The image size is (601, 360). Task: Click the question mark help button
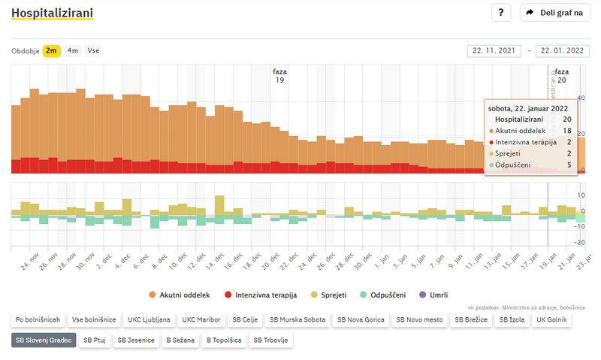click(x=501, y=13)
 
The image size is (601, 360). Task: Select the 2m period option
click(x=52, y=51)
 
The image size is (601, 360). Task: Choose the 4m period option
click(x=73, y=51)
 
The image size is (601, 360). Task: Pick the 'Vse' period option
click(x=94, y=51)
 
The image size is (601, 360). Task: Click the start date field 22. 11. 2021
click(x=494, y=51)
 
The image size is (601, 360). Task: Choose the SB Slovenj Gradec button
click(x=44, y=340)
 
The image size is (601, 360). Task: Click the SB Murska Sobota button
click(x=297, y=319)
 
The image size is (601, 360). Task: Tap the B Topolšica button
click(x=225, y=340)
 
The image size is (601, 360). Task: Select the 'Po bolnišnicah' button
click(x=37, y=319)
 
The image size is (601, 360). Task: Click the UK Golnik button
click(x=552, y=319)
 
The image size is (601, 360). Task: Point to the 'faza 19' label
click(x=279, y=76)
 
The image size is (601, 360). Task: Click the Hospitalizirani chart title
click(x=52, y=13)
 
